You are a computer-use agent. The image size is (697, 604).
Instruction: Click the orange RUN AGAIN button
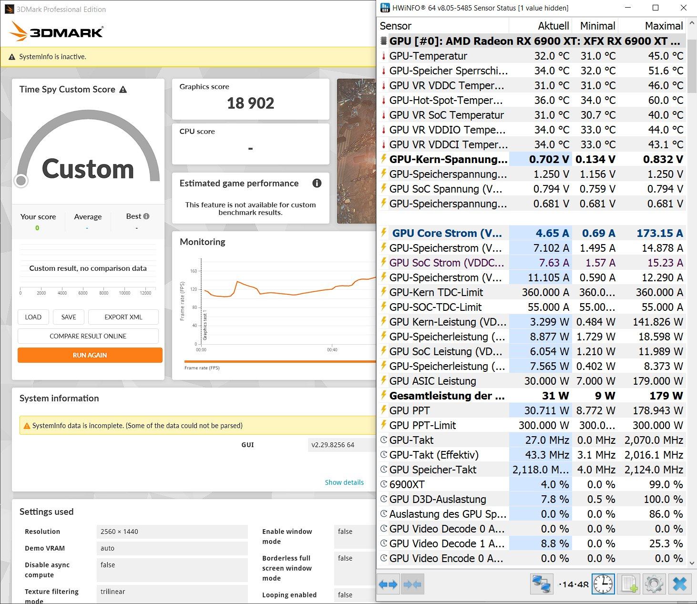(90, 355)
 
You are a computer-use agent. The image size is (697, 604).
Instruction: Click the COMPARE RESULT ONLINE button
(88, 336)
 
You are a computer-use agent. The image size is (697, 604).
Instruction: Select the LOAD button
(33, 317)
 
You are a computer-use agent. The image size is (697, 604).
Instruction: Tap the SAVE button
(69, 317)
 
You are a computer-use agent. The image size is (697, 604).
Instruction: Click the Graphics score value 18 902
(250, 103)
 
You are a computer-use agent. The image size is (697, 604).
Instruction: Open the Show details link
(344, 482)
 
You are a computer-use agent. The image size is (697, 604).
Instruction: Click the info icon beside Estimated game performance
(317, 183)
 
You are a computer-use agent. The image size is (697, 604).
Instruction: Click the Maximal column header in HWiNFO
(663, 26)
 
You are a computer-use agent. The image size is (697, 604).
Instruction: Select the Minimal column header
(597, 26)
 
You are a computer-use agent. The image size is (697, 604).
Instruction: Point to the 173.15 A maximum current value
(659, 233)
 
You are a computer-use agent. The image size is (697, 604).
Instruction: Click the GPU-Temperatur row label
(428, 56)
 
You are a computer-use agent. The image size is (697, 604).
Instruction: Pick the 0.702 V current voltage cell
(549, 159)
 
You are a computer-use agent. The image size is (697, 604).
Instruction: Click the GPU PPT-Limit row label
(422, 425)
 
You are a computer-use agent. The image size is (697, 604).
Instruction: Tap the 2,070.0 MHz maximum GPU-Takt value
(654, 440)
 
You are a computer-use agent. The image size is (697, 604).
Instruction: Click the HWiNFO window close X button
(684, 8)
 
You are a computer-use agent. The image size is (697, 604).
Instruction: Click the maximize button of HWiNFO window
(656, 8)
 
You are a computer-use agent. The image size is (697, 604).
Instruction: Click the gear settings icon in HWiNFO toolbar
(654, 584)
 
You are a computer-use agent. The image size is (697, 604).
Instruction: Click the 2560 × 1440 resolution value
(119, 532)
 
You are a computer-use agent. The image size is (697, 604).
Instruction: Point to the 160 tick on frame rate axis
(194, 271)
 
